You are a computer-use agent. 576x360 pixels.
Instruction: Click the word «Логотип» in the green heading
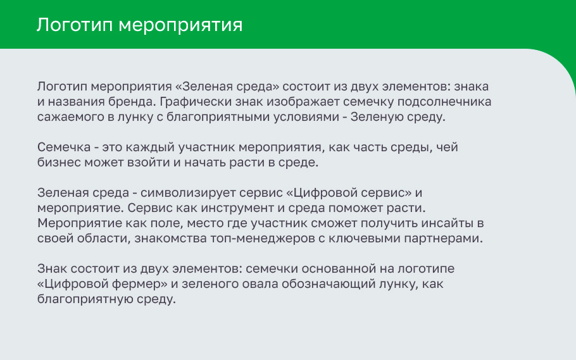point(75,25)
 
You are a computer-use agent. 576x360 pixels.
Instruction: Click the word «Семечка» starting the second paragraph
point(64,147)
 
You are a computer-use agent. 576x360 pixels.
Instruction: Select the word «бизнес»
point(59,163)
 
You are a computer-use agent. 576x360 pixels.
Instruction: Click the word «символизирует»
point(188,193)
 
